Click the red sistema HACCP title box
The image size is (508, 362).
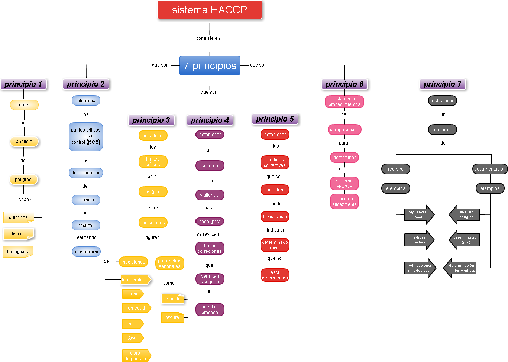click(x=210, y=10)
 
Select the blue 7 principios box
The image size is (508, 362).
click(x=210, y=66)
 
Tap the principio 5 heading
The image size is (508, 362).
click(x=275, y=119)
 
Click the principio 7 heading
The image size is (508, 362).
click(x=442, y=84)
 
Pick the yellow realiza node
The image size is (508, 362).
click(x=24, y=105)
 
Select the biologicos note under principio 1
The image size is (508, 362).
click(x=18, y=252)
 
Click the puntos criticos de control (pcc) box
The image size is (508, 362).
click(x=86, y=136)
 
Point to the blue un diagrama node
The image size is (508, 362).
click(x=86, y=252)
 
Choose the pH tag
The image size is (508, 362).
click(x=132, y=324)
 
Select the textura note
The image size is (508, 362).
click(x=172, y=317)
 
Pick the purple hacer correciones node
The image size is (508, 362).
click(x=210, y=248)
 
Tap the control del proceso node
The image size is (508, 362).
click(x=210, y=310)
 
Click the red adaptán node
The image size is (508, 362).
click(x=275, y=190)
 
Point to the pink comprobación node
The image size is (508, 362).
click(x=344, y=130)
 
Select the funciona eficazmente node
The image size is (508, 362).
click(x=344, y=201)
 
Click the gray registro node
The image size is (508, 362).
click(x=396, y=169)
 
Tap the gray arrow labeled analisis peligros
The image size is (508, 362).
click(x=465, y=215)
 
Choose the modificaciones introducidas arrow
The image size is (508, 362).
click(x=420, y=268)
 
